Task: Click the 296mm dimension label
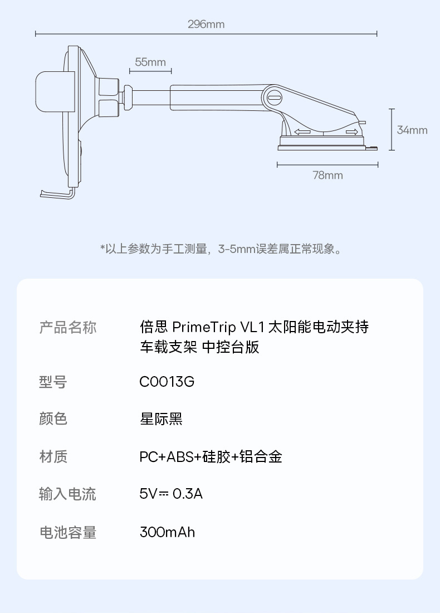tap(206, 25)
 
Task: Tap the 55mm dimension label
tap(150, 62)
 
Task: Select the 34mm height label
tap(412, 130)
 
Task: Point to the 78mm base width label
tap(327, 176)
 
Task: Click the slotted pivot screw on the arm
tap(275, 96)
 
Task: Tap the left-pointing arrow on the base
tap(302, 132)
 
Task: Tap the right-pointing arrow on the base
tap(351, 132)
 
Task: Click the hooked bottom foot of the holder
tap(56, 194)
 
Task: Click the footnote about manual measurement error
tap(221, 249)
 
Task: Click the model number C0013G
tap(167, 382)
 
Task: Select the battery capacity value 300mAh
tap(167, 532)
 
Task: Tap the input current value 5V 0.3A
tap(171, 494)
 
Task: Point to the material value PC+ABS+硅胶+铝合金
tap(211, 457)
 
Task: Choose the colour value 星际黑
tap(161, 419)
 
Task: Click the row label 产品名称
tap(67, 327)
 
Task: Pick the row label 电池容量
tap(67, 532)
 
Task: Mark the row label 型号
tap(53, 382)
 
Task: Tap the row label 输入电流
tap(67, 494)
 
